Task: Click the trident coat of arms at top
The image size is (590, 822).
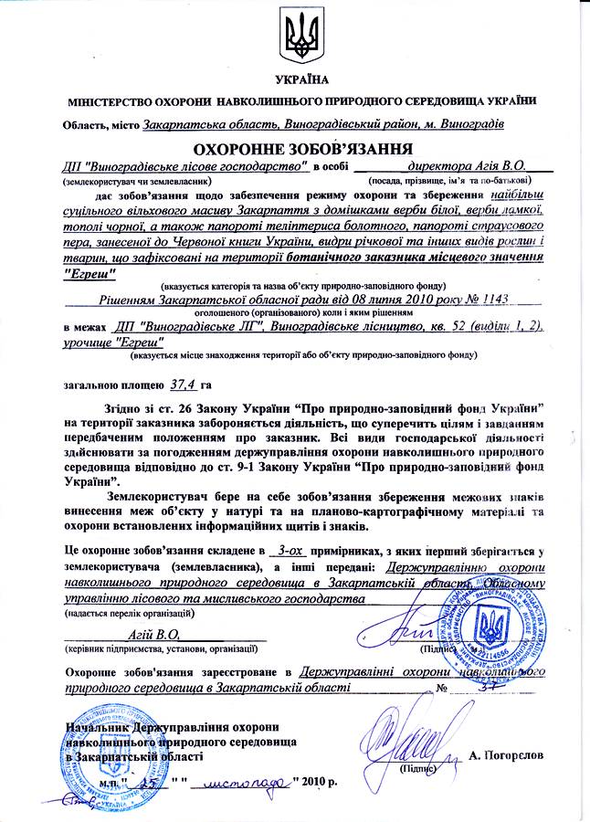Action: [x=295, y=36]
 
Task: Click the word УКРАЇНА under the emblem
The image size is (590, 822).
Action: [x=294, y=80]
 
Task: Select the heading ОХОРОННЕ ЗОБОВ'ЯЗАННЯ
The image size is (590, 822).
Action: [x=296, y=148]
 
